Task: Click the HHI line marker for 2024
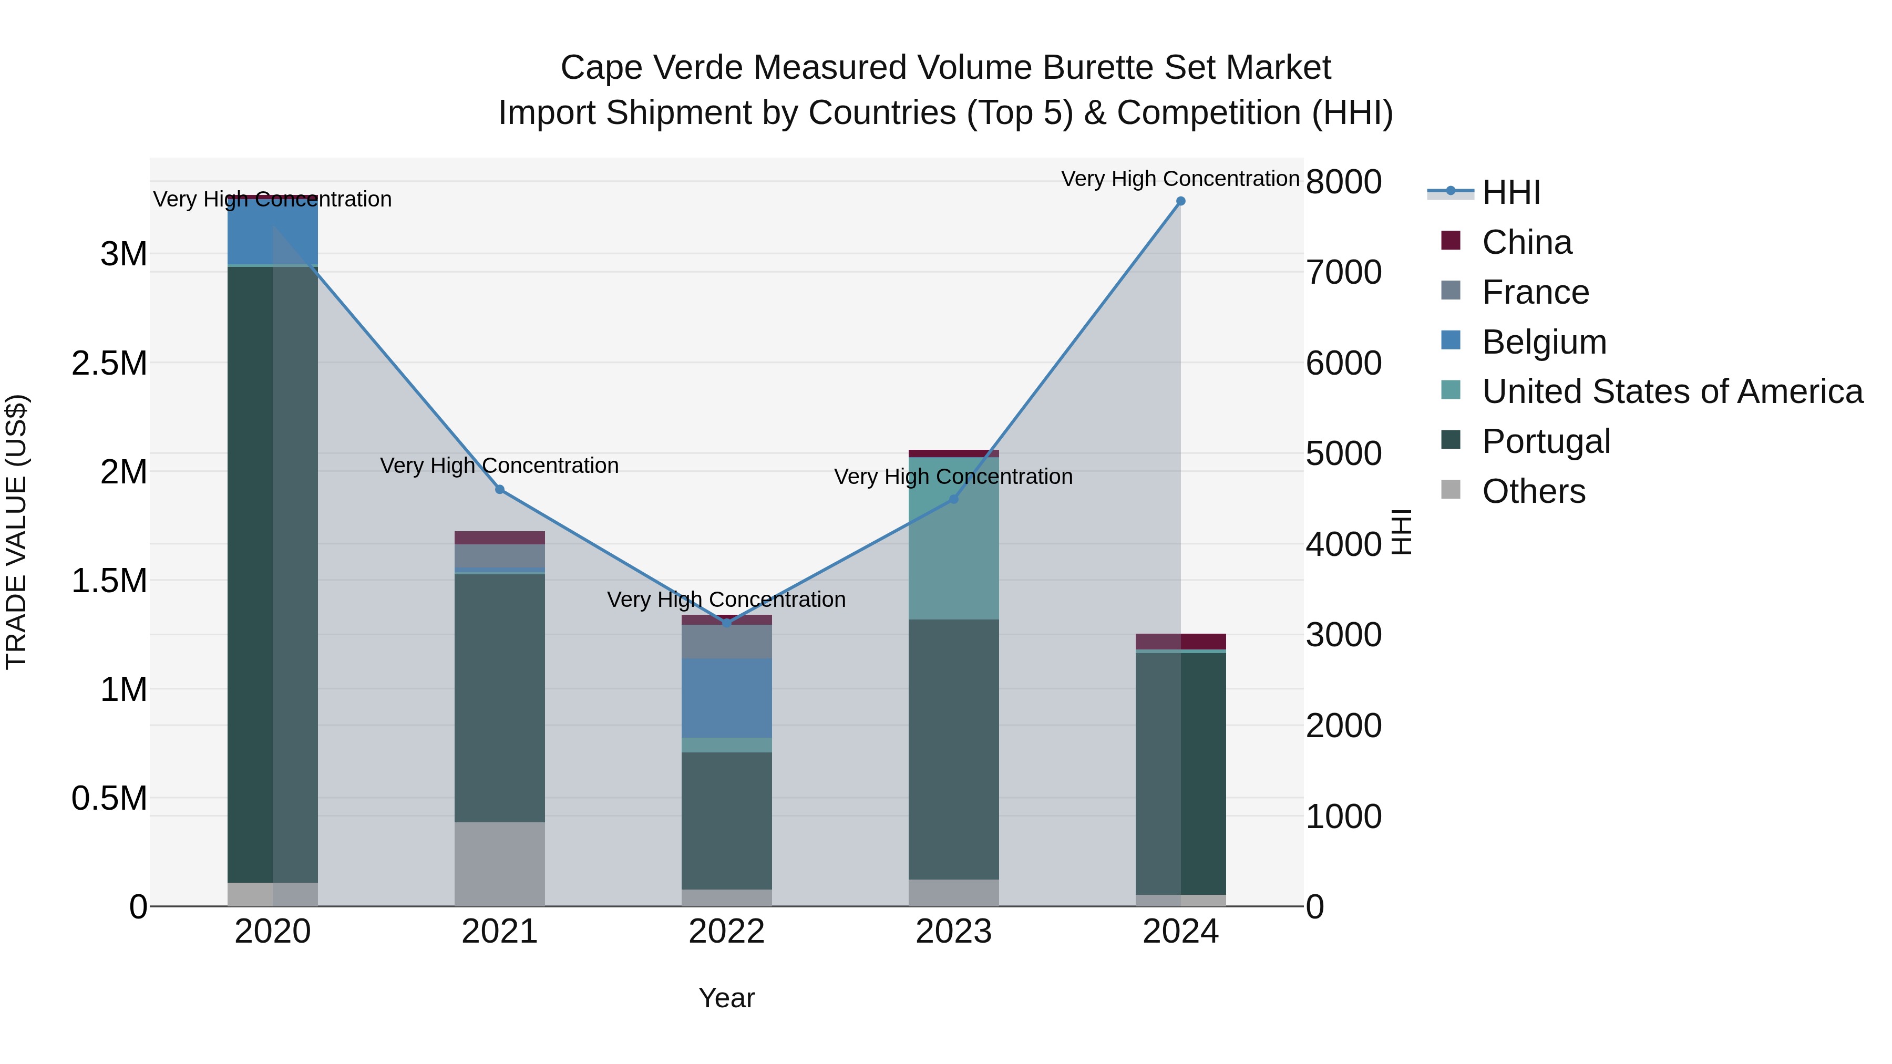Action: click(1180, 201)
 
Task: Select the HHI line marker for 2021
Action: click(499, 490)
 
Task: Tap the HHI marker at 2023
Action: click(953, 499)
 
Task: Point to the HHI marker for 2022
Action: click(726, 623)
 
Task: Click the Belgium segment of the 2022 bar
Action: click(726, 698)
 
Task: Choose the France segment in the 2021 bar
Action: click(499, 556)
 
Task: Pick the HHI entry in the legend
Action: click(1511, 192)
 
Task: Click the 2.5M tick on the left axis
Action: click(109, 363)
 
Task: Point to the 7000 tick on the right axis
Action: click(1343, 272)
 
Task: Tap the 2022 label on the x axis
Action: click(726, 932)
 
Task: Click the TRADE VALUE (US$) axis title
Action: click(16, 532)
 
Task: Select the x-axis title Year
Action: click(726, 998)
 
